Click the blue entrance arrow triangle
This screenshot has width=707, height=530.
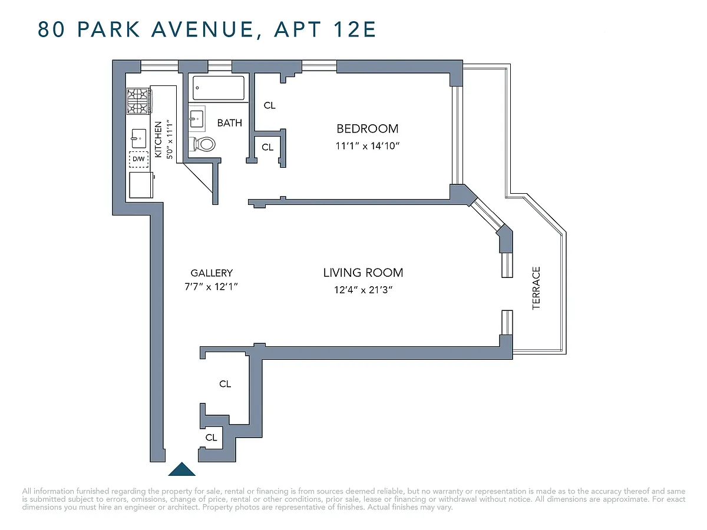pyautogui.click(x=181, y=469)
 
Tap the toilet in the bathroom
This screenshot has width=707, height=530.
pyautogui.click(x=202, y=144)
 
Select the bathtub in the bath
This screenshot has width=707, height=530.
pyautogui.click(x=219, y=88)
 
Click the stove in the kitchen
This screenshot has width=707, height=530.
pyautogui.click(x=139, y=101)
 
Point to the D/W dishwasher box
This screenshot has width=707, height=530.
pyautogui.click(x=139, y=159)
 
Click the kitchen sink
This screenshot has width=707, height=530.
pyautogui.click(x=139, y=138)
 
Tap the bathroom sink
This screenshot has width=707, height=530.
pyautogui.click(x=196, y=119)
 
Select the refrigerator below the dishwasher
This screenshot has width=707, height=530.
pyautogui.click(x=141, y=185)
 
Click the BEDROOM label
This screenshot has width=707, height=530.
pyautogui.click(x=368, y=129)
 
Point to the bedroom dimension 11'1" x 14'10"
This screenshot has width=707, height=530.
pyautogui.click(x=368, y=146)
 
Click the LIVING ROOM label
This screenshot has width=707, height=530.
pyautogui.click(x=363, y=273)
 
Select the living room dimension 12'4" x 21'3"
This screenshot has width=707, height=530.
pyautogui.click(x=363, y=290)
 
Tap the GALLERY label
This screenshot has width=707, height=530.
pyautogui.click(x=212, y=273)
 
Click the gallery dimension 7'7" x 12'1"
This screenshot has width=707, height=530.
pyautogui.click(x=211, y=286)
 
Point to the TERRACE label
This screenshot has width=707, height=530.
pyautogui.click(x=536, y=288)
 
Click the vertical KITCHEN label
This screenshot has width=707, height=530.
pyautogui.click(x=158, y=140)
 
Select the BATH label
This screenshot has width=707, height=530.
pyautogui.click(x=230, y=123)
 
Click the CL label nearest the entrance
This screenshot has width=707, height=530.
pyautogui.click(x=212, y=438)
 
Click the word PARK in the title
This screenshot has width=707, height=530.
pyautogui.click(x=108, y=29)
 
